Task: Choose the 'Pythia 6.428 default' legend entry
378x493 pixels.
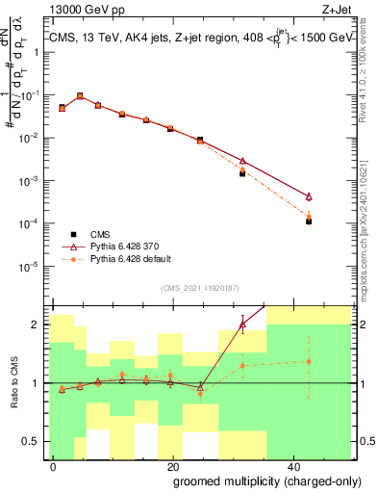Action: tap(128, 259)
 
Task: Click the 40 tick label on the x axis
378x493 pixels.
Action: tap(292, 465)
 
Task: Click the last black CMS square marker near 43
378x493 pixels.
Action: tap(309, 221)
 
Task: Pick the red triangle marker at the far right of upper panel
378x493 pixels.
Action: tap(309, 195)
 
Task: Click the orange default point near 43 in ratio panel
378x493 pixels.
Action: tap(309, 362)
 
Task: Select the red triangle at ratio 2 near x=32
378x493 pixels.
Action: tap(242, 324)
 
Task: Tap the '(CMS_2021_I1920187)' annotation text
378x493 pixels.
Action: tap(199, 287)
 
